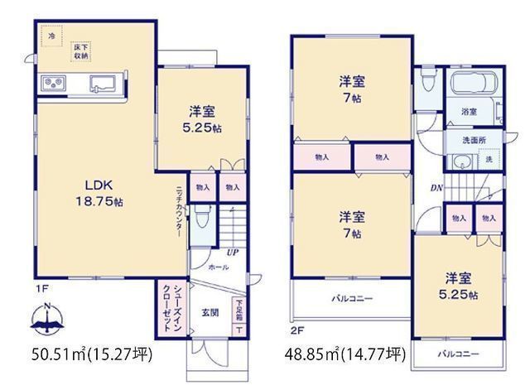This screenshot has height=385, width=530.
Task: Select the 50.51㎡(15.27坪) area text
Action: tap(92, 355)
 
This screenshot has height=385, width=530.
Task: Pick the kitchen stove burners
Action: tap(55, 83)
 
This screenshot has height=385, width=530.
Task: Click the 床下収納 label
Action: tap(80, 50)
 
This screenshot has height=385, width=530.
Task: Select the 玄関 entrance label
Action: tap(210, 313)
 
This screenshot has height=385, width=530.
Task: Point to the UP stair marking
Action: tap(234, 253)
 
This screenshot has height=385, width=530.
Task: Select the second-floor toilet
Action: tap(427, 81)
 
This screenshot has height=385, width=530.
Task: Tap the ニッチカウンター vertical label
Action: tap(180, 211)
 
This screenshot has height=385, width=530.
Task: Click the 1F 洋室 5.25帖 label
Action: tap(201, 122)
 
